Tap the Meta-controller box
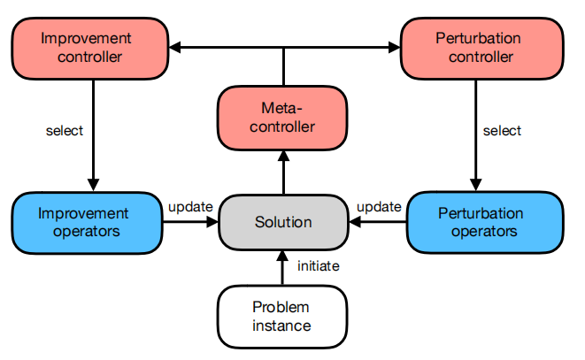[x=283, y=118]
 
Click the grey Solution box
[x=283, y=222]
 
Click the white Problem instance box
[x=282, y=317]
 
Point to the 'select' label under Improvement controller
[x=65, y=131]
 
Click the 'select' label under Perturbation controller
[x=502, y=131]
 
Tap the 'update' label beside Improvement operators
[x=189, y=207]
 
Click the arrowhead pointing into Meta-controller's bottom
[x=283, y=155]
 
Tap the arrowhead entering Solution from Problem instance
[x=283, y=255]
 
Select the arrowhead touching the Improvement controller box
[x=176, y=46]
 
